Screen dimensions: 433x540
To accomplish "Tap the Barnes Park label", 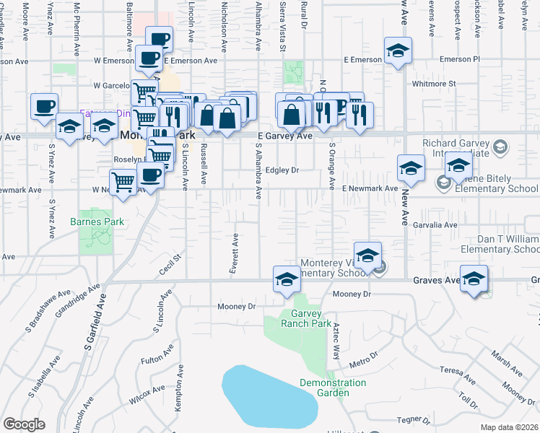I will pos(97,222).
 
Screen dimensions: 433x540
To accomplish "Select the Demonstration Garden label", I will pos(333,388).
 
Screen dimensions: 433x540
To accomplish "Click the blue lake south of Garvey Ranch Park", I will pos(269,396).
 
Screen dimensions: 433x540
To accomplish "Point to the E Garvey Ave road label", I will pos(285,136).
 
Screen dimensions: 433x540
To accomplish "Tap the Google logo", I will pos(24,425).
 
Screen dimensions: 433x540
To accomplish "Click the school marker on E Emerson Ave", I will pos(397,52).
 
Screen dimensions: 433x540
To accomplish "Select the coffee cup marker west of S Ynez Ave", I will pos(44,106).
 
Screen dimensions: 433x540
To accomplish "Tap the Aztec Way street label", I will pos(336,336).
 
